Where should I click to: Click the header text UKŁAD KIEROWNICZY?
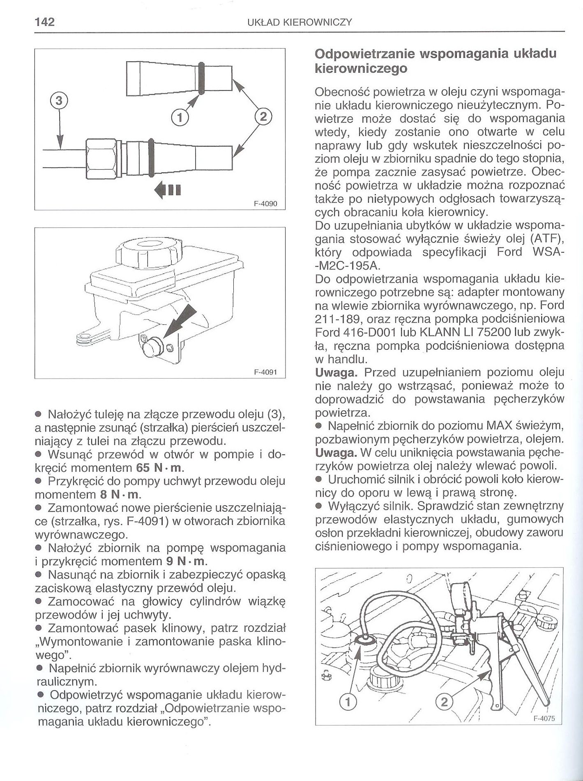pos(300,22)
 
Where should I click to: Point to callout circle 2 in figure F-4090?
pos(263,116)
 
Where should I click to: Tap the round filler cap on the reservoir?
pos(147,253)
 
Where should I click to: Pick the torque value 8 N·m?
pos(121,494)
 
